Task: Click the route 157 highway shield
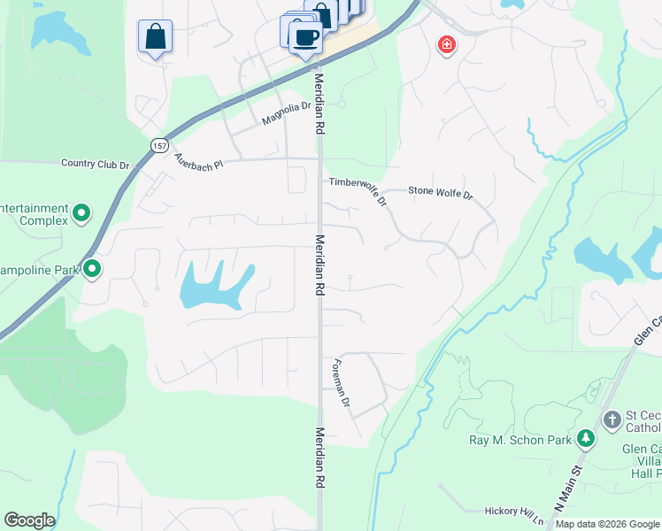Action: tap(159, 145)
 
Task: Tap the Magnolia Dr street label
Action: tap(287, 113)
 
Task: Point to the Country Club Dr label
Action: tap(96, 164)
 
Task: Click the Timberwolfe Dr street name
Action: tap(358, 189)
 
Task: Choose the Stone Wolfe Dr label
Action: tap(441, 191)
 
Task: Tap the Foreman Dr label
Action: tap(340, 383)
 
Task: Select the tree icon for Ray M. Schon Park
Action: tap(585, 438)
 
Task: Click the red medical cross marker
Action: tap(447, 44)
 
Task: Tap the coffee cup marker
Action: tap(306, 38)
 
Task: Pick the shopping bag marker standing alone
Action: tap(155, 36)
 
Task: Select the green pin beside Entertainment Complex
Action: tap(81, 212)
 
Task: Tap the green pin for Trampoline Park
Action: tap(91, 269)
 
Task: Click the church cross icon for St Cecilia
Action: tap(612, 419)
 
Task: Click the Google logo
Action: tap(29, 520)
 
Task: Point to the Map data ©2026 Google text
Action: tap(607, 524)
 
